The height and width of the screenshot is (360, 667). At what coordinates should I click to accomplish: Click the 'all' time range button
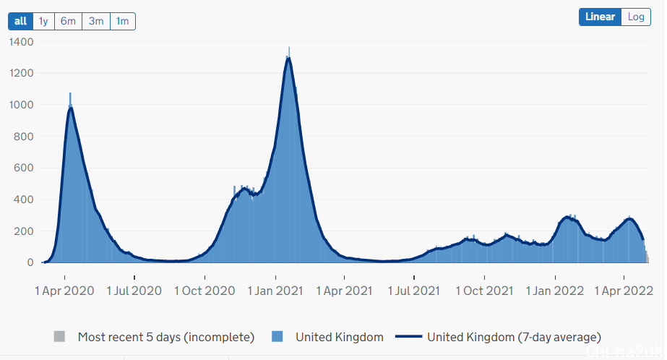(x=20, y=21)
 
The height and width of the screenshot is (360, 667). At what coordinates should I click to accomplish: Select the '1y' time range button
(x=43, y=21)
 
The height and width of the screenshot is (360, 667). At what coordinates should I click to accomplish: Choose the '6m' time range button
(x=69, y=21)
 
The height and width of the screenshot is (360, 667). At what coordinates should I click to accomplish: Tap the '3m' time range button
(x=96, y=21)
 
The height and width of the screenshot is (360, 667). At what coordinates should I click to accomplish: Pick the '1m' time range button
(x=123, y=21)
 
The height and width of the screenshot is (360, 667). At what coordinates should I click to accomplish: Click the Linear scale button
(x=600, y=17)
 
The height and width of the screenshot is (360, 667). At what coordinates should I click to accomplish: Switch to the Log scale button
(x=636, y=17)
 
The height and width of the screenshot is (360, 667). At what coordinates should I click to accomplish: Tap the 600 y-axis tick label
(x=25, y=168)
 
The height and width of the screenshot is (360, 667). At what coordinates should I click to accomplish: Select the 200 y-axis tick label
(x=25, y=231)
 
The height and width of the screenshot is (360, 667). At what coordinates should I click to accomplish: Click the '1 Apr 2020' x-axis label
(x=65, y=291)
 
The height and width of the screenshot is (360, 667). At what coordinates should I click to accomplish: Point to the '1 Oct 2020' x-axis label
(x=205, y=291)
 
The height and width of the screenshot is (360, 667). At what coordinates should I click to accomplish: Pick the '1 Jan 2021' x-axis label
(x=275, y=291)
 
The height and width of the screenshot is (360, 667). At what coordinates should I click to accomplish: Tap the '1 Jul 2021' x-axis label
(x=415, y=291)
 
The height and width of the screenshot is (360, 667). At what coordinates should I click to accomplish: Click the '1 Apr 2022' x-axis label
(x=624, y=291)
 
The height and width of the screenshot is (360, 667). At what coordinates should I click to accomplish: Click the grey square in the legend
(x=60, y=337)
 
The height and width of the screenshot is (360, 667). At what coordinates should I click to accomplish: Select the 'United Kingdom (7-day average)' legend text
(x=514, y=337)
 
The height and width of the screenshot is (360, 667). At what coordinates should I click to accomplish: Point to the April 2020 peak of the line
(x=71, y=108)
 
